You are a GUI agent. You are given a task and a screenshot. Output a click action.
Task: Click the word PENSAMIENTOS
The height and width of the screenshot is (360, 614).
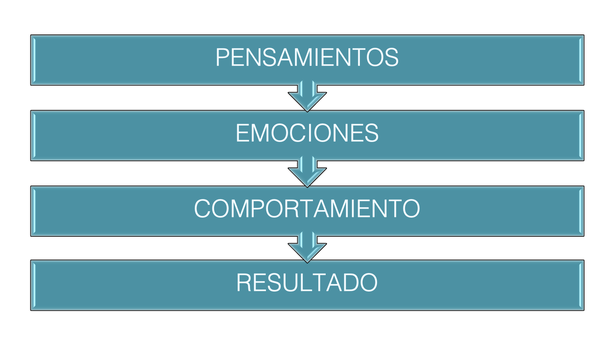[x=307, y=57]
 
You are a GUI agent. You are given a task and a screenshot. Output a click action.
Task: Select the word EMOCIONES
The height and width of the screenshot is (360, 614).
[x=307, y=133]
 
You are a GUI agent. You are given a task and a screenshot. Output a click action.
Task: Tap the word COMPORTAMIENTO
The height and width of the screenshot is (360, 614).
[x=307, y=209]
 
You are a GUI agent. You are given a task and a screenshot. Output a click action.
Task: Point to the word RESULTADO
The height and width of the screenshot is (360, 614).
[x=307, y=283]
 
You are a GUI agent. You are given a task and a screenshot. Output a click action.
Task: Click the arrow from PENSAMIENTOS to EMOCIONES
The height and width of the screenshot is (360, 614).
[x=307, y=96]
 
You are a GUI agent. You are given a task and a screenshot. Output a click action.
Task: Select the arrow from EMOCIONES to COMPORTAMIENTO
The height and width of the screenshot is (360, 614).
[x=307, y=172]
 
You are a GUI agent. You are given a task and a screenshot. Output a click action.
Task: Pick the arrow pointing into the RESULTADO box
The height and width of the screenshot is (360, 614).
[x=307, y=247]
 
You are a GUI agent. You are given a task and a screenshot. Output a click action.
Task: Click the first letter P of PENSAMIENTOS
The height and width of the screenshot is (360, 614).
[x=222, y=57]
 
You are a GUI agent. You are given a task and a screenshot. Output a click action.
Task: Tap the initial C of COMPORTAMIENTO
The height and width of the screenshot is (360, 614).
[x=203, y=209]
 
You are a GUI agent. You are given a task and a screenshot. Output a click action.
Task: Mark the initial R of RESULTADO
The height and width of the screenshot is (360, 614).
[x=244, y=283]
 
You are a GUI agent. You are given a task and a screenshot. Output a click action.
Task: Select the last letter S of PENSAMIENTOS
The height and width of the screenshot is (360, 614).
[x=391, y=57]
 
